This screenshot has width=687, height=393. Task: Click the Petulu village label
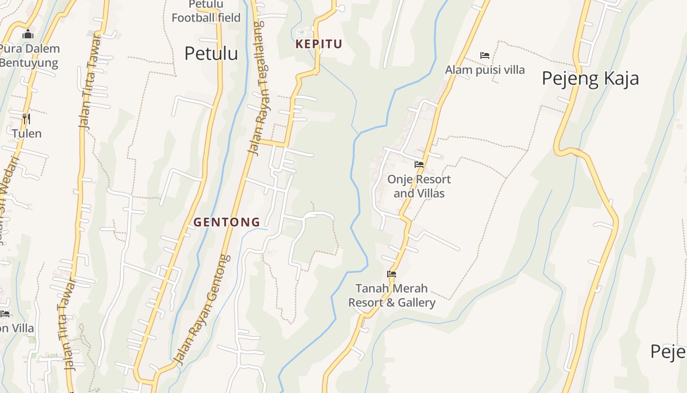(211, 54)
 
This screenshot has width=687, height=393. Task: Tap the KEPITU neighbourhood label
(318, 44)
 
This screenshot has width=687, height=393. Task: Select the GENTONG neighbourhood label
(227, 222)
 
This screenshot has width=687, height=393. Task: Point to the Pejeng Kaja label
(590, 79)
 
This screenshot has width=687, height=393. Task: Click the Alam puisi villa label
(485, 70)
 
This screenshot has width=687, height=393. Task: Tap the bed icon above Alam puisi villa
(485, 56)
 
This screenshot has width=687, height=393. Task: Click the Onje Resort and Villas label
(419, 186)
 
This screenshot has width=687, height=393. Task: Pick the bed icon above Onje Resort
(419, 165)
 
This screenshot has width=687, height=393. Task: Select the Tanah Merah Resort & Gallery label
(392, 295)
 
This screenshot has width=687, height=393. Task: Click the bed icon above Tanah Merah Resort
(392, 274)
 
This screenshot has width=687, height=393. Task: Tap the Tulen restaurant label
(27, 134)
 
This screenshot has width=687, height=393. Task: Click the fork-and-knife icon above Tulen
(26, 118)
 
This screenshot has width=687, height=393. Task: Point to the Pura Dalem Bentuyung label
(29, 56)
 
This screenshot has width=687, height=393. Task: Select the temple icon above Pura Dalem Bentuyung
(28, 34)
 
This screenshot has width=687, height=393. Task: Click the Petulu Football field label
(206, 11)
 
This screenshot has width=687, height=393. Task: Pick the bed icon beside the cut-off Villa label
(5, 313)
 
